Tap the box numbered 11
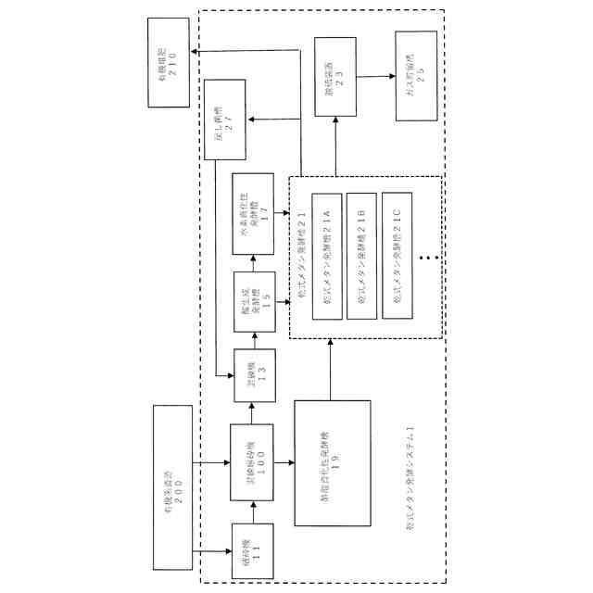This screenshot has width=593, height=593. (252, 549)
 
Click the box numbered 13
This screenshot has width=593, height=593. (252, 375)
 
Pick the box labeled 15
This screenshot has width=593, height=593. (252, 302)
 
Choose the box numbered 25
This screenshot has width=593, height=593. (415, 75)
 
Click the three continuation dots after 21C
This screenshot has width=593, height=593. (428, 257)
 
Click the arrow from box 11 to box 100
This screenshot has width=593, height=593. (252, 509)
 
